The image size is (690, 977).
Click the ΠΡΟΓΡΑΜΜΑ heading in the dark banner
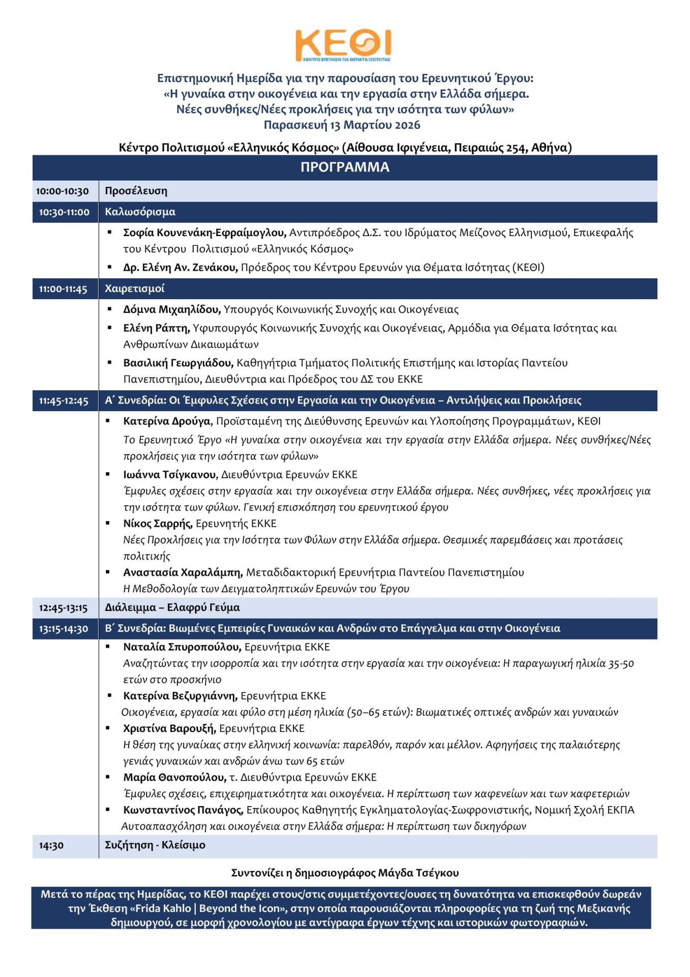(345, 167)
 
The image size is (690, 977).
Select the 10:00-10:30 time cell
(63, 191)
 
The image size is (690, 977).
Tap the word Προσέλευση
(136, 191)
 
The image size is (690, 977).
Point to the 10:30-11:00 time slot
(64, 212)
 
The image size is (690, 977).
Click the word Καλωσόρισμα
(140, 212)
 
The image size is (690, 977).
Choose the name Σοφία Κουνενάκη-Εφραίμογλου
(204, 233)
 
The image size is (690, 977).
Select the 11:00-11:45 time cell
(63, 289)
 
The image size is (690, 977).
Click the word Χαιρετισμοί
(134, 289)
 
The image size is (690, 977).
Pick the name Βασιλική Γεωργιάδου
(178, 363)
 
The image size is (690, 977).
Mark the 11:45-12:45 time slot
(64, 401)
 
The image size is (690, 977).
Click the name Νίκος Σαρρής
(157, 524)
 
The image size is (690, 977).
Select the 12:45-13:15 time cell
(63, 608)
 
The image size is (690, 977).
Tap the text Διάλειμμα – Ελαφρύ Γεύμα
(172, 608)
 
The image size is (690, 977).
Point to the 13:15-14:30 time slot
(64, 629)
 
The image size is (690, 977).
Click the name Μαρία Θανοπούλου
(174, 778)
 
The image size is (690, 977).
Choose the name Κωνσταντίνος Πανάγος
(183, 810)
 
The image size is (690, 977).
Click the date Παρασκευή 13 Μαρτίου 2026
(342, 125)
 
